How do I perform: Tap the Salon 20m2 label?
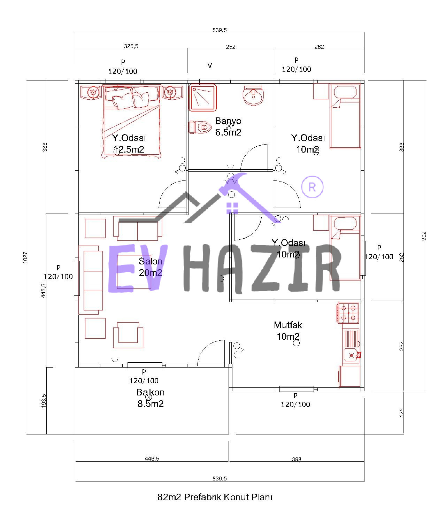(150, 267)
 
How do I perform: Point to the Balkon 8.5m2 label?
(150, 398)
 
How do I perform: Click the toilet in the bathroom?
(200, 128)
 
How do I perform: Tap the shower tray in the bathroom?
(202, 98)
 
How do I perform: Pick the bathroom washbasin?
(253, 95)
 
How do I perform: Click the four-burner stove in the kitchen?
(348, 313)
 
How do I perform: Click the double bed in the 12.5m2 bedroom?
(131, 121)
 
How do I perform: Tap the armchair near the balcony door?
(128, 335)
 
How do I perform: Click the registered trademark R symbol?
(312, 187)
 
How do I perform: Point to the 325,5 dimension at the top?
(131, 46)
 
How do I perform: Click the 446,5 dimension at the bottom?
(152, 458)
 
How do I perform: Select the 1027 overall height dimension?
(25, 257)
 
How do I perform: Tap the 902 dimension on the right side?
(424, 236)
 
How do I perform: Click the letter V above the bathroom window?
(209, 65)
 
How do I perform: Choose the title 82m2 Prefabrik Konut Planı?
(215, 497)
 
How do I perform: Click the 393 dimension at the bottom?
(297, 459)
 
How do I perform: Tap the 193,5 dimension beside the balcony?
(44, 400)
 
